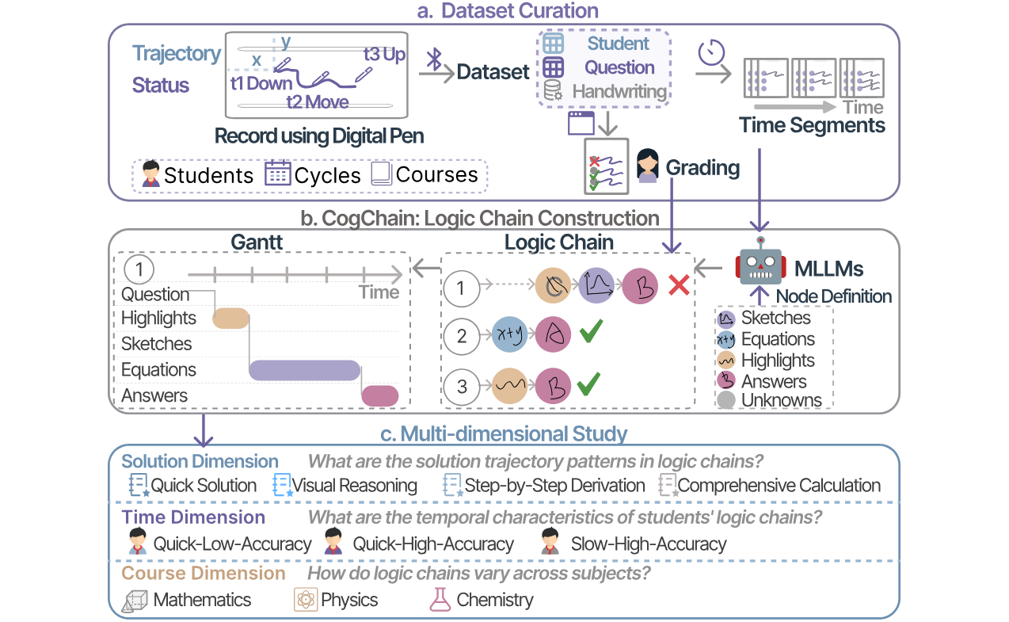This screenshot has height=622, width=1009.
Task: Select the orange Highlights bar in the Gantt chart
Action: point(231,318)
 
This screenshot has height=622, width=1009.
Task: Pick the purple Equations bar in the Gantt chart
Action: point(305,370)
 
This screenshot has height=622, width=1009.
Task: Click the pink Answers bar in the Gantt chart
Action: point(380,395)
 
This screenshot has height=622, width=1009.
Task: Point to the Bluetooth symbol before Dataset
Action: point(434,58)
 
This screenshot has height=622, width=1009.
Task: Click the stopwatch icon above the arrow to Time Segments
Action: point(711,53)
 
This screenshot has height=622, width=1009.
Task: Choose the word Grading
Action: point(702,167)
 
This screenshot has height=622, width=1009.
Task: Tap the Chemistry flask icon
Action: point(440,599)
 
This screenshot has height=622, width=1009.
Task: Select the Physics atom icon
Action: point(305,599)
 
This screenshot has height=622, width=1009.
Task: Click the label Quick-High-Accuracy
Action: point(433,544)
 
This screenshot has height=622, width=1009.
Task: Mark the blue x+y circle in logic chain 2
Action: point(509,336)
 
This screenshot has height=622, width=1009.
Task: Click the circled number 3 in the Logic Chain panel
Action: point(462,387)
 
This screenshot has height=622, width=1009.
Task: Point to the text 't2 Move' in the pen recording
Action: point(317,103)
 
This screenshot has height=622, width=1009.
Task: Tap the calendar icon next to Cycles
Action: point(277,174)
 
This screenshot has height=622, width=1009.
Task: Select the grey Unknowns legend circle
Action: point(726,401)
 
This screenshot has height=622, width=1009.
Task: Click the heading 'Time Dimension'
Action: point(193,517)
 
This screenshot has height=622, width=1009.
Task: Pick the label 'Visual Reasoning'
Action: point(354,486)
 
